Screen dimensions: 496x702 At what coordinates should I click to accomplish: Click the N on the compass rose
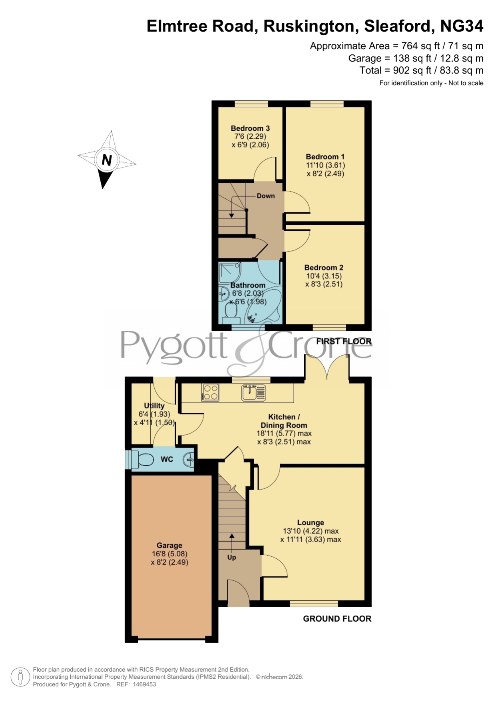point(107,160)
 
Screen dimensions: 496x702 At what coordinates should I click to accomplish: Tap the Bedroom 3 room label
point(250,128)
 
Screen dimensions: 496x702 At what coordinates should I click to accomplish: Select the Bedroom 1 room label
point(325,157)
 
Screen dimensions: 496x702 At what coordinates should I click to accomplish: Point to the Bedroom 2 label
point(324,268)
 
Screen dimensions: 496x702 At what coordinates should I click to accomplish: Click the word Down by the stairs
point(266,196)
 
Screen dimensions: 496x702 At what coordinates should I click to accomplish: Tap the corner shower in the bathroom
point(230,272)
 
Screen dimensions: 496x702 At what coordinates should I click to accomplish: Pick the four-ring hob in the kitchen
point(211,392)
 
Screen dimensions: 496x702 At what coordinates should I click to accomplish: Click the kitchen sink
point(254,392)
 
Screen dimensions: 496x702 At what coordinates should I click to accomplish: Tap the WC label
point(167,459)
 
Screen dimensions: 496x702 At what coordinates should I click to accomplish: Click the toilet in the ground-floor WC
point(142,460)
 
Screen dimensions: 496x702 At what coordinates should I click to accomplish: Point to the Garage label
point(169,545)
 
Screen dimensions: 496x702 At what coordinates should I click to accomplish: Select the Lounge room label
point(311,522)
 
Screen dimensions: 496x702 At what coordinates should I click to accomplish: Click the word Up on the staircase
point(232,557)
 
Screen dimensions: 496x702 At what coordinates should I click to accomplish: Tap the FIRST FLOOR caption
point(344,341)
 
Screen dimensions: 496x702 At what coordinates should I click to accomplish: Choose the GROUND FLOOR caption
point(337,619)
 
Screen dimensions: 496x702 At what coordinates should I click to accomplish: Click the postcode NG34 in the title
point(462,26)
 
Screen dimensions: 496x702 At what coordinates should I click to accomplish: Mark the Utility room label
point(154,406)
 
